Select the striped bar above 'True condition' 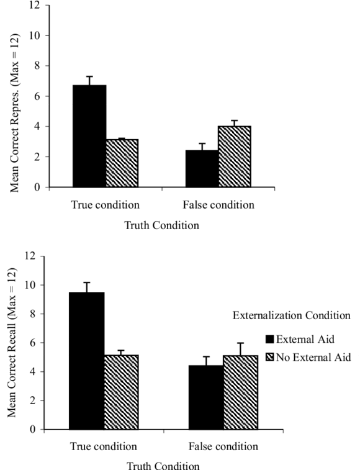pyautogui.click(x=122, y=163)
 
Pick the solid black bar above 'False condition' pyautogui.click(x=202, y=168)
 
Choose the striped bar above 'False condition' pyautogui.click(x=235, y=156)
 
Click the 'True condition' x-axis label pyautogui.click(x=105, y=205)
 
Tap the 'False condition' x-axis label pyautogui.click(x=218, y=205)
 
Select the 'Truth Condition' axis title pyautogui.click(x=161, y=225)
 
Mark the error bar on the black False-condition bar pyautogui.click(x=202, y=147)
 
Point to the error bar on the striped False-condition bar pyautogui.click(x=235, y=123)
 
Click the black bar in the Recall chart pyautogui.click(x=86, y=323)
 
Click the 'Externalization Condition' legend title pyautogui.click(x=291, y=316)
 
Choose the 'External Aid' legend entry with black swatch pyautogui.click(x=301, y=339)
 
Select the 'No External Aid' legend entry pyautogui.click(x=307, y=358)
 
